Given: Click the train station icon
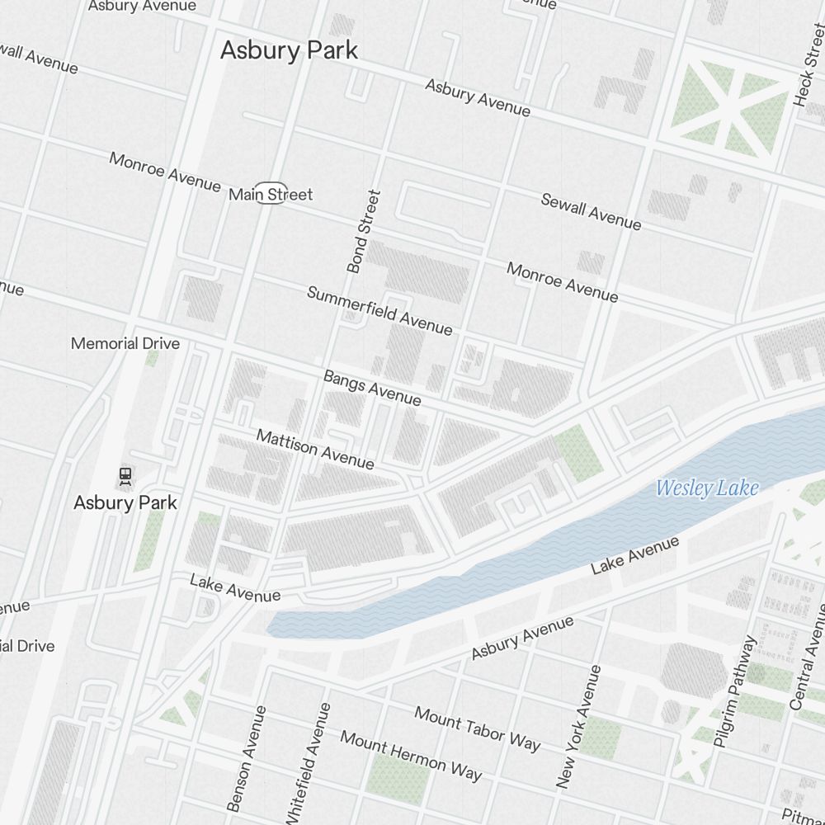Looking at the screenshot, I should click(125, 474).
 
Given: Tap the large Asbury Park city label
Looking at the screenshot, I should click(289, 50).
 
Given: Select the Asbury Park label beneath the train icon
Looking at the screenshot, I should click(125, 502).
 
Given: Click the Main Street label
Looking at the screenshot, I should click(271, 195).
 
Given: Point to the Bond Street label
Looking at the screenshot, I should click(364, 232).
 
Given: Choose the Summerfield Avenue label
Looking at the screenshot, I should click(379, 310).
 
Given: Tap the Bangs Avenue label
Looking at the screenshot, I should click(372, 388).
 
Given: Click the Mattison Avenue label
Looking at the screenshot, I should click(314, 449).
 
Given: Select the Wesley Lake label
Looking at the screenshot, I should click(706, 488).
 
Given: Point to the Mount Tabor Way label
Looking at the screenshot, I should click(478, 728).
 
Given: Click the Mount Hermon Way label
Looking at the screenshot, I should click(411, 755).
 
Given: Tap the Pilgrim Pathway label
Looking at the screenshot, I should click(735, 691).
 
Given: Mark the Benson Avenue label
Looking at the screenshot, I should click(247, 757).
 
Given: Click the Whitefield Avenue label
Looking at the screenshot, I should click(308, 763).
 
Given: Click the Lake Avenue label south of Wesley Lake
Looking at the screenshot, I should click(635, 555).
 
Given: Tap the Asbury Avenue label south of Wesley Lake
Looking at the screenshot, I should click(522, 638).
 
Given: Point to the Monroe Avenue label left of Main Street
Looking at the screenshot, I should click(165, 172).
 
